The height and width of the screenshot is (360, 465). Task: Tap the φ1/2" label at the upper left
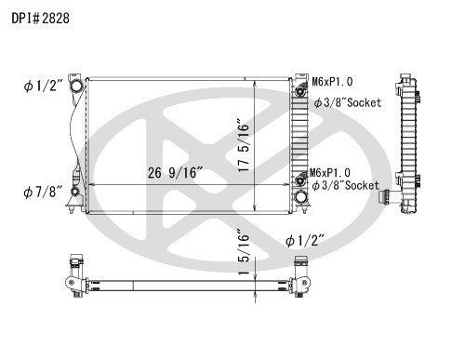click(x=41, y=87)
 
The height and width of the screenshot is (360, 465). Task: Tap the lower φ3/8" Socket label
click(x=346, y=186)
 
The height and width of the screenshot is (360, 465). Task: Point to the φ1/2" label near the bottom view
click(x=308, y=239)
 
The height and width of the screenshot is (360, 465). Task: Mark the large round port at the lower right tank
click(x=300, y=198)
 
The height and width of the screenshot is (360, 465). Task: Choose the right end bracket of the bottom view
click(x=299, y=282)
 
